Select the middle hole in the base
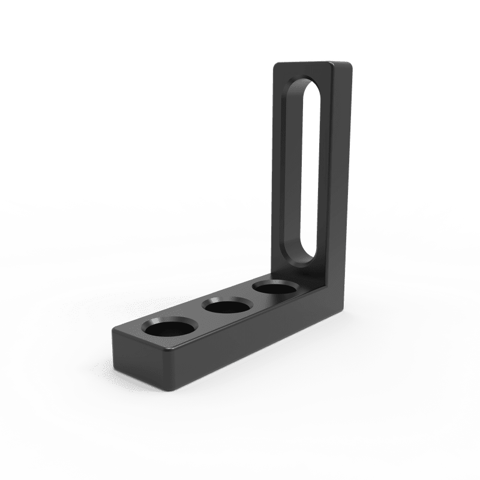[226, 309]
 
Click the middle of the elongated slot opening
[310, 174]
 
